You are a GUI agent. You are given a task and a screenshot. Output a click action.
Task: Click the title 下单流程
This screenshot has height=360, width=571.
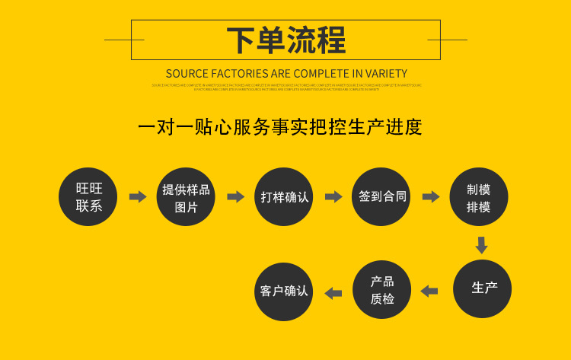(285, 40)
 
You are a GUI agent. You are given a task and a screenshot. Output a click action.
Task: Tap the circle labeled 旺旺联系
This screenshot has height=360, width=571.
(89, 196)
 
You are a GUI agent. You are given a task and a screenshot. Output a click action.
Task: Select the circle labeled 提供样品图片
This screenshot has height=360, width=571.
(187, 196)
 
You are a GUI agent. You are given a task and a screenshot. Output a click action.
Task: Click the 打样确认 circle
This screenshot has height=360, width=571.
(285, 196)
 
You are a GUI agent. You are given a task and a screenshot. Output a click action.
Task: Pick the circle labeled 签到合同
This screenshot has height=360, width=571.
(382, 196)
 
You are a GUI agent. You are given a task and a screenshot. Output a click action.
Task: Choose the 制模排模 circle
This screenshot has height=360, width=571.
(479, 196)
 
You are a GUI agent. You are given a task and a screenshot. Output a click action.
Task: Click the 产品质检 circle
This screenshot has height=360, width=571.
(382, 290)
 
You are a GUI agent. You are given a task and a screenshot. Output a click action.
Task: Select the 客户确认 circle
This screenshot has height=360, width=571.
(284, 292)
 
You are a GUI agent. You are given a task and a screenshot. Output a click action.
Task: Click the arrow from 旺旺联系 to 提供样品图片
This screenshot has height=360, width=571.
(138, 197)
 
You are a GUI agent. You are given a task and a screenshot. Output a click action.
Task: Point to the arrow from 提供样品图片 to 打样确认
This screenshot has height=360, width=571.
(236, 197)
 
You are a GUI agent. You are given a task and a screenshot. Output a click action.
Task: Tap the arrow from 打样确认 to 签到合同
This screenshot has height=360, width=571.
(333, 197)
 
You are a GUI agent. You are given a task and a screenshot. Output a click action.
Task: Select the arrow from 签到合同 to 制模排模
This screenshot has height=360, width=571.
(431, 197)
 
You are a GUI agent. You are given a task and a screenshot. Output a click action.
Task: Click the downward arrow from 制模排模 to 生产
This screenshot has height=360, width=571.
(481, 245)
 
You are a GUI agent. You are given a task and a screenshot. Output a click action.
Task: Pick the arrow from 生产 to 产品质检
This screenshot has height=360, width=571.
(429, 291)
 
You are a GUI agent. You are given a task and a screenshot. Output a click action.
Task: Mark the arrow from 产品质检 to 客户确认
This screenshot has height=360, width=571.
(333, 292)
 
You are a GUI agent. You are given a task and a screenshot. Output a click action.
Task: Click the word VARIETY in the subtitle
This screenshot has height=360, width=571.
(386, 74)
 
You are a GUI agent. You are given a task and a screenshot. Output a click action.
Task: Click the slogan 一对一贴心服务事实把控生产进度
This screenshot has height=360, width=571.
(280, 126)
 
